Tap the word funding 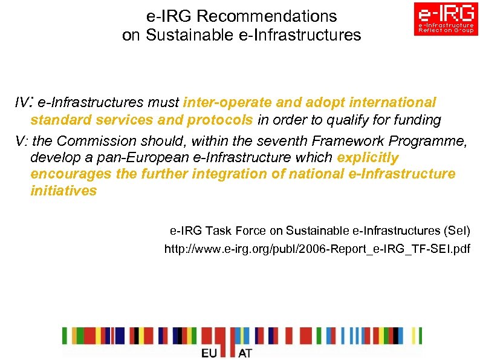pyautogui.click(x=417, y=120)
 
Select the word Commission pyautogui.click(x=97, y=141)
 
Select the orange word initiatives pyautogui.click(x=63, y=191)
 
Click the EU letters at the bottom pyautogui.click(x=212, y=352)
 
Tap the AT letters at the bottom pyautogui.click(x=245, y=352)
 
